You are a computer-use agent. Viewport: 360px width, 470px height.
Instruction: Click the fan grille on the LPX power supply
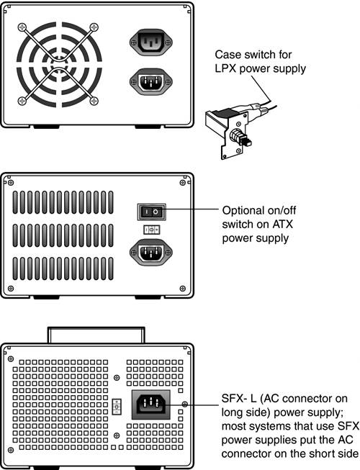click(59, 64)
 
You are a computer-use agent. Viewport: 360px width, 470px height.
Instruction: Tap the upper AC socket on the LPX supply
click(150, 42)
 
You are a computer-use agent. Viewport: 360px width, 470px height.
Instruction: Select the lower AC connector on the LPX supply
click(150, 81)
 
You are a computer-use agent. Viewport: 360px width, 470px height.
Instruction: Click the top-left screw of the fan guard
click(22, 27)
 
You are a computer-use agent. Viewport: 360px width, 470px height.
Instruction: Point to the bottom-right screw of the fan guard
click(94, 101)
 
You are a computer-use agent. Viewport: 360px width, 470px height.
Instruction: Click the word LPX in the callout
click(225, 68)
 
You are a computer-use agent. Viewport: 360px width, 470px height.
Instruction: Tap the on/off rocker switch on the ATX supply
click(151, 212)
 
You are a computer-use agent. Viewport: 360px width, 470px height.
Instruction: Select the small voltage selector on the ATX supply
click(152, 230)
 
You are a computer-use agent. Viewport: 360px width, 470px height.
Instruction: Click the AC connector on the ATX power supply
click(150, 253)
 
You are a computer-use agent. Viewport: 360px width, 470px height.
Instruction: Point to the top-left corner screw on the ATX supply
click(11, 183)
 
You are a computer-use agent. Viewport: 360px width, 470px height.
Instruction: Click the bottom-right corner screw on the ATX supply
click(182, 289)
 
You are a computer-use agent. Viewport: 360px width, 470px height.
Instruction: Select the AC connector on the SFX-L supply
click(151, 405)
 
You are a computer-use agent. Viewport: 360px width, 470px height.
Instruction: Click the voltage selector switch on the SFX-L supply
click(117, 407)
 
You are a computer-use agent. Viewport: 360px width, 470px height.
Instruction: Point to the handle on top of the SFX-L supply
click(96, 335)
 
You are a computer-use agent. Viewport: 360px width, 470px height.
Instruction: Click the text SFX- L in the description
click(239, 399)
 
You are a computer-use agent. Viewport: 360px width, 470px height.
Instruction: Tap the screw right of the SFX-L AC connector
click(184, 405)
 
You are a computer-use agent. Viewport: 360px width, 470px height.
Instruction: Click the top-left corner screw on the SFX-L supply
click(11, 358)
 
